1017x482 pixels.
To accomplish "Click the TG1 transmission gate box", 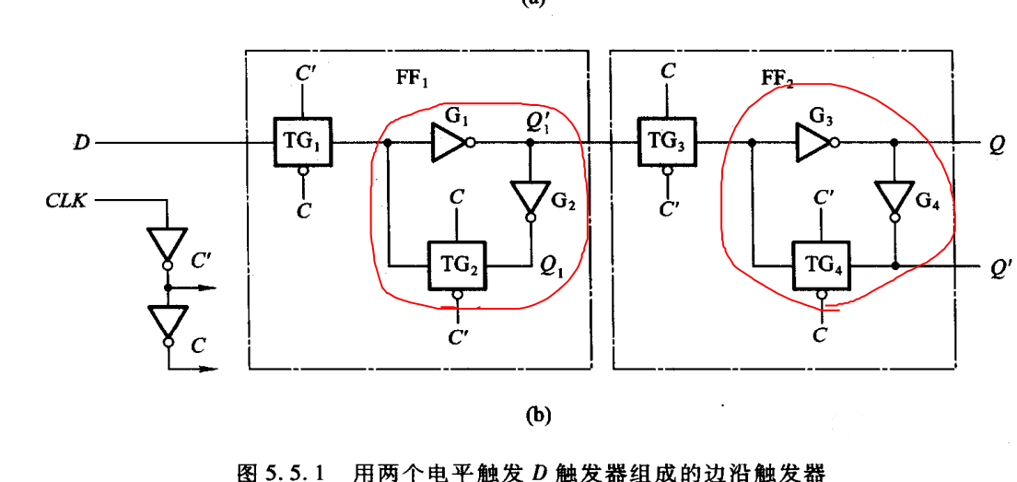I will coord(300,143).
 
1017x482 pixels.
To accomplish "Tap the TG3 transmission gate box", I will coord(666,143).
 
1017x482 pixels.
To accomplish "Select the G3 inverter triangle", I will coord(813,143).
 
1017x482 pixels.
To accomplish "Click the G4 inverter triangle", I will coord(894,197).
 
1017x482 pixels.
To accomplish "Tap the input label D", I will coord(81,144).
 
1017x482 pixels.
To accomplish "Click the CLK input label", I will coord(66,199).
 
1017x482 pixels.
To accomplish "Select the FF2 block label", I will coord(777,80).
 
